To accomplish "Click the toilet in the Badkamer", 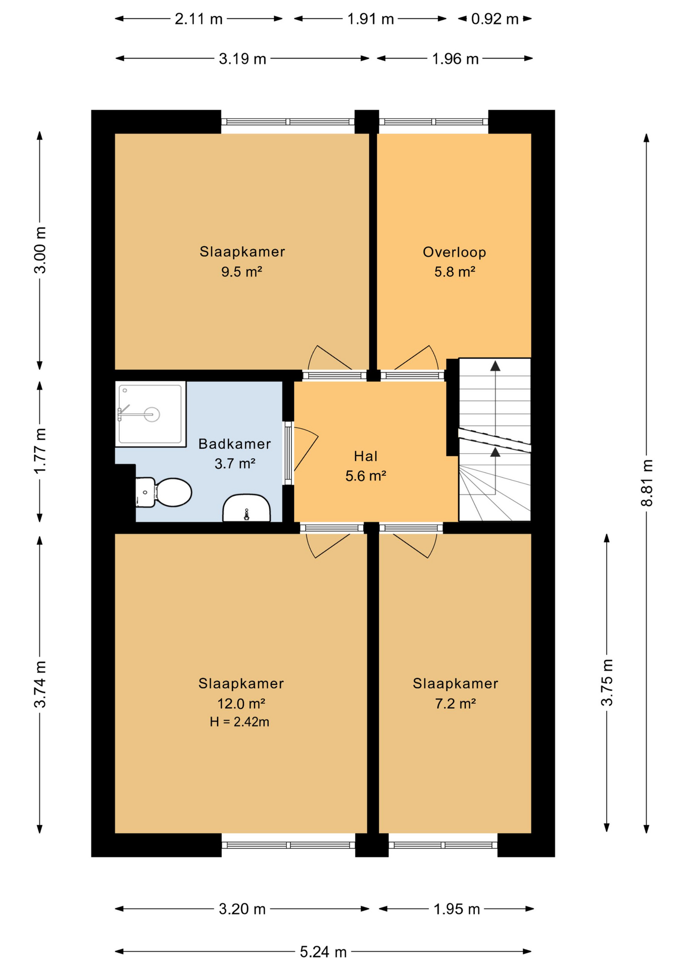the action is click(163, 492).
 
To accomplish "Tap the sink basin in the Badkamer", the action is click(247, 508).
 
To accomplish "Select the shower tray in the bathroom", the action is click(151, 414).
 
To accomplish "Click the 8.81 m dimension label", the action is click(647, 482).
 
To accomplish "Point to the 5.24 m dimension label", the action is click(323, 952).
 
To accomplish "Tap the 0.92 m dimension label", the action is click(495, 19).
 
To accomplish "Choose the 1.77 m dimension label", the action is click(40, 451).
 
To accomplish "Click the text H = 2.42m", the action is click(239, 722).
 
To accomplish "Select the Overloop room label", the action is click(455, 252).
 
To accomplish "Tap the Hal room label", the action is click(366, 456).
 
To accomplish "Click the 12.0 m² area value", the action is click(241, 703).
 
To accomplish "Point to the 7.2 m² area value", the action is click(456, 703).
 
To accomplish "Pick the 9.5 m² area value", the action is click(241, 272).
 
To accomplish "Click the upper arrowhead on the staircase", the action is click(496, 366).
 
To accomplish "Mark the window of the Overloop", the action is click(433, 122).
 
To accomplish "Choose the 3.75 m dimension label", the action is click(607, 682).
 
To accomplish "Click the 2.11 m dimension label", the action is click(199, 19).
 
